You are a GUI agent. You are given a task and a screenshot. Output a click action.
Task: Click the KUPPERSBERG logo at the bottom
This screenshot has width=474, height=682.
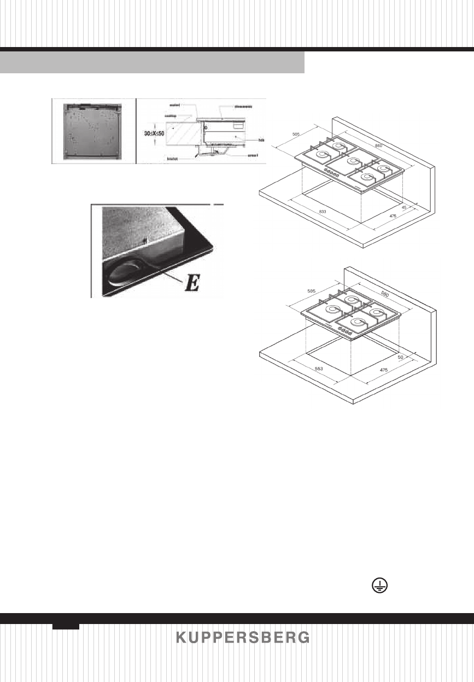(x=243, y=638)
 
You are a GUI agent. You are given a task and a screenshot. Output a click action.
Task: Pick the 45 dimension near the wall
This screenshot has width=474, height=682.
(x=403, y=207)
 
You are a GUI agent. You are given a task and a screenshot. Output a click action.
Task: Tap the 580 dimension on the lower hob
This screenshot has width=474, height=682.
(x=384, y=295)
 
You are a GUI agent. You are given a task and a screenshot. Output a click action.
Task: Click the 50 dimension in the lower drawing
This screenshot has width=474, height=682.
(x=401, y=357)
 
